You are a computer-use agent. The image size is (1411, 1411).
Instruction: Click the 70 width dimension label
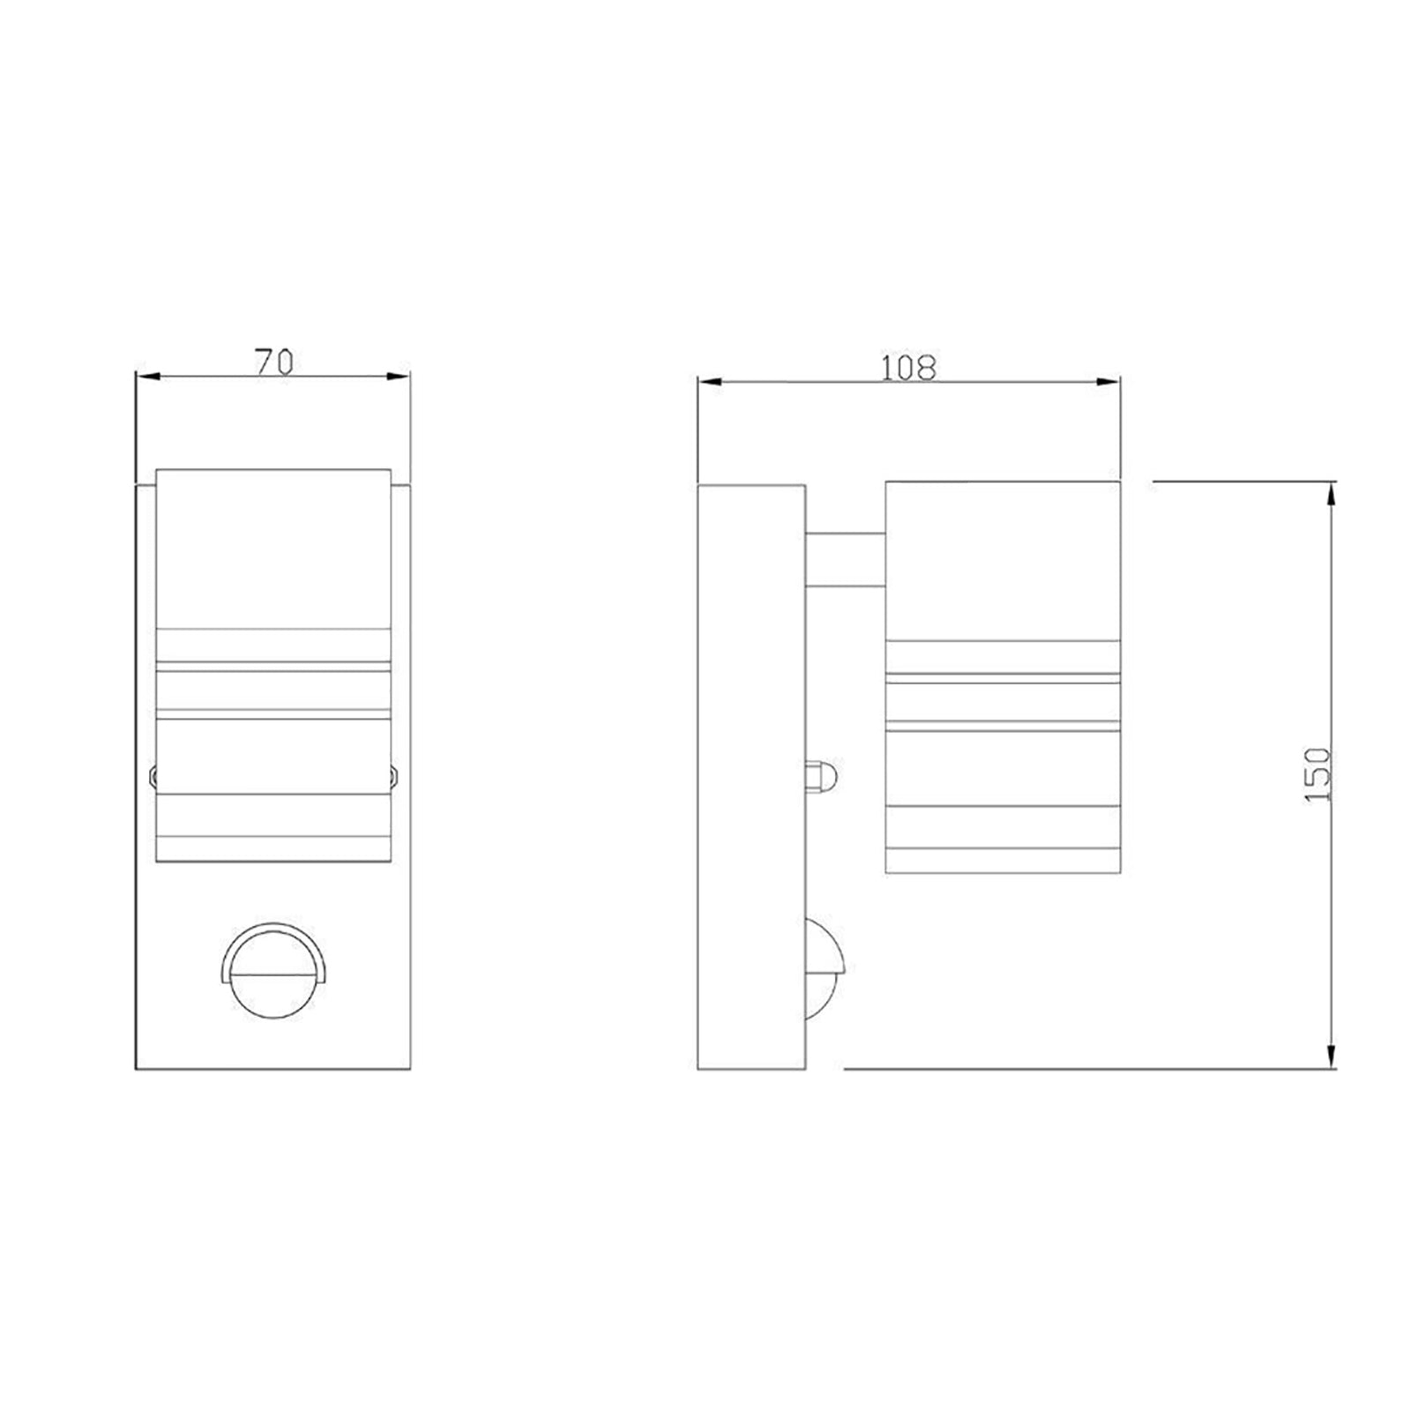(x=273, y=362)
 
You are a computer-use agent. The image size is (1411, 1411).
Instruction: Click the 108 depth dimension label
(x=908, y=367)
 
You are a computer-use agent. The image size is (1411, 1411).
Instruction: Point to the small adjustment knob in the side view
(x=822, y=777)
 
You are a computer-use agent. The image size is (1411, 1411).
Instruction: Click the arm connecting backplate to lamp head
(x=845, y=557)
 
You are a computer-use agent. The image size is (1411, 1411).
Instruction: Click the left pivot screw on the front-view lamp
(x=153, y=776)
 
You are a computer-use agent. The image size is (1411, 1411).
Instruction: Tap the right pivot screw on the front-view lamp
(x=394, y=776)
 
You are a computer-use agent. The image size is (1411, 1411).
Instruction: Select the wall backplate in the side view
(x=750, y=776)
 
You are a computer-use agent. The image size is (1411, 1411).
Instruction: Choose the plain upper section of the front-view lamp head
(x=273, y=547)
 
